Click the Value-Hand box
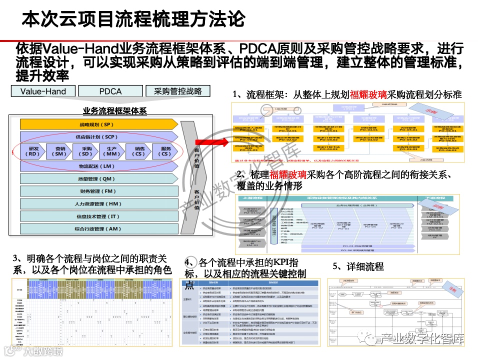42,91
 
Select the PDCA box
110,91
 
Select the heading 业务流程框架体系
114,111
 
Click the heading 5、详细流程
358,266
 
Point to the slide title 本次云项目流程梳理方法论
133,19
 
